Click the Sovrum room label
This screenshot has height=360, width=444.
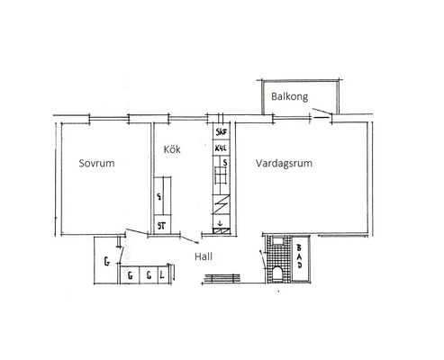pos(96,163)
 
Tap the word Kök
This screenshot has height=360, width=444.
pos(172,149)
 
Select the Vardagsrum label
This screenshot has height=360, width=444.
pos(284,163)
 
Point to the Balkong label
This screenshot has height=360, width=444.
pos(289,96)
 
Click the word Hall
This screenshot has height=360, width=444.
pos(204,256)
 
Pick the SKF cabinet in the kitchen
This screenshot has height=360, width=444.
pos(222,131)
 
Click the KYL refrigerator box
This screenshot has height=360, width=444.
pos(222,148)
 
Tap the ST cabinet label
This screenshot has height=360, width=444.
pos(161,226)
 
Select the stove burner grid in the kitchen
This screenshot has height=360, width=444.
pos(220,175)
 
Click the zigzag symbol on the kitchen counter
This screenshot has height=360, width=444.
pos(222,204)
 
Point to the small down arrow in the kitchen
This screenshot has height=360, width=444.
pos(220,223)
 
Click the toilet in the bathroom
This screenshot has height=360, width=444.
pos(277,274)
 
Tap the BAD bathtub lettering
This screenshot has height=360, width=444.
pos(299,256)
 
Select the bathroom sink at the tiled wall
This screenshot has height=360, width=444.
pos(277,240)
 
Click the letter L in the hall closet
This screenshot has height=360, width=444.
pos(162,275)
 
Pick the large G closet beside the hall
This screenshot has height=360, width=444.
pos(106,262)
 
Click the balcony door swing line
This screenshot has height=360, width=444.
pos(322,111)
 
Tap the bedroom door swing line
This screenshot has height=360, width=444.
pos(137,231)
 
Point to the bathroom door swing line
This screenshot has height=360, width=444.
pos(262,259)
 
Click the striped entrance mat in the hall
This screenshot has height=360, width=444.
pos(222,279)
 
